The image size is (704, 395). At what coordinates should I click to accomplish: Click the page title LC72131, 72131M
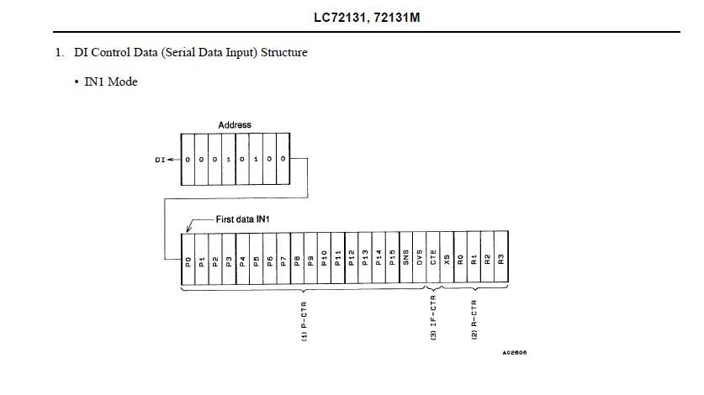(367, 18)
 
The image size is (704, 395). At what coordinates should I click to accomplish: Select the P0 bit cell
(188, 259)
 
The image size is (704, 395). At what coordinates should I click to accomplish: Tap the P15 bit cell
(393, 258)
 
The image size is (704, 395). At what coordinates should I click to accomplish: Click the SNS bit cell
(406, 258)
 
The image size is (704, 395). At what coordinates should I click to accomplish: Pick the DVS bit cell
(420, 258)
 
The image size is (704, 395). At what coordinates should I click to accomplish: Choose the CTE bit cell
(433, 258)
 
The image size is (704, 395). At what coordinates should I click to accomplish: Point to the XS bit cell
(447, 258)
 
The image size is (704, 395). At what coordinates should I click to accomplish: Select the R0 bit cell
(461, 258)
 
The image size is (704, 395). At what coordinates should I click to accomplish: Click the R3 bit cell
(501, 257)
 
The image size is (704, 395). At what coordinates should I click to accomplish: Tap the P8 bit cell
(297, 258)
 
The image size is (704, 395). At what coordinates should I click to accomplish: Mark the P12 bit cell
(352, 258)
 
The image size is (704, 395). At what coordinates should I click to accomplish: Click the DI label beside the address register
(160, 160)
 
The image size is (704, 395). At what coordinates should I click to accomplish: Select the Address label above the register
(235, 124)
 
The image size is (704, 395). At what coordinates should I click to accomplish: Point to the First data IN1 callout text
(242, 219)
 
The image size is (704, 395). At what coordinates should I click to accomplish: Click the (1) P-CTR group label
(304, 321)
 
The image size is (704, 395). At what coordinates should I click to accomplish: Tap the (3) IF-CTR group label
(433, 318)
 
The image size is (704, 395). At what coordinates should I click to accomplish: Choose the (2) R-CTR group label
(474, 319)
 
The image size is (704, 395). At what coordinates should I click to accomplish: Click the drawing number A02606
(515, 353)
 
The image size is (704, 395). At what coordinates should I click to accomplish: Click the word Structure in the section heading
(284, 52)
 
